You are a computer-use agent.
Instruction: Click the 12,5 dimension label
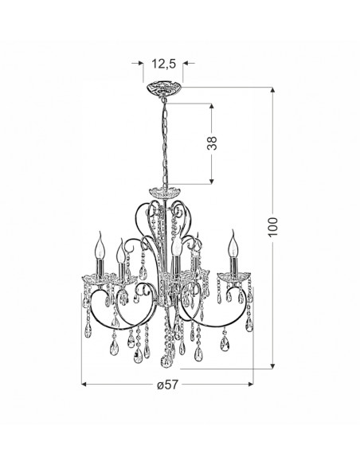pos(164,64)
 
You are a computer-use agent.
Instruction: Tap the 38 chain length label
pos(212,143)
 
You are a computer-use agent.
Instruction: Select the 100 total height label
pos(272,227)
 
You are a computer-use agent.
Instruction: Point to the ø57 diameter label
pos(167,385)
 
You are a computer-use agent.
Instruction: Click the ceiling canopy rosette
pos(164,88)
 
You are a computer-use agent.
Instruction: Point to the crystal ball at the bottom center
pos(166,361)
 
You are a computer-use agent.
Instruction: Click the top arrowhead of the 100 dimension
pos(272,90)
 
